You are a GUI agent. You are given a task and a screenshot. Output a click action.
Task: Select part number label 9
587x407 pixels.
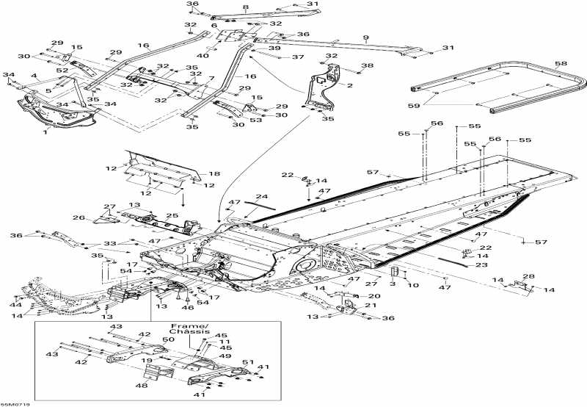tap(366, 37)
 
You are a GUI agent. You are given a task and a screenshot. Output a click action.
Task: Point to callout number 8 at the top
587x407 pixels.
tap(246, 7)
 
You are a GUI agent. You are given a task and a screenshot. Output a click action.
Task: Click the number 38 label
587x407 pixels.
tap(368, 66)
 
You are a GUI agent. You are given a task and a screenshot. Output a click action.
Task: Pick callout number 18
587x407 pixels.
tap(214, 174)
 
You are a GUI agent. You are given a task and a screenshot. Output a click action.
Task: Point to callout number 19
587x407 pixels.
tap(147, 361)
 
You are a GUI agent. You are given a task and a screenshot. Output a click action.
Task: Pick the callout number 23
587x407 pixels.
tap(483, 264)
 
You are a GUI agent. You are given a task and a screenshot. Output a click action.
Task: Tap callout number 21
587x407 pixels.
tap(370, 306)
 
